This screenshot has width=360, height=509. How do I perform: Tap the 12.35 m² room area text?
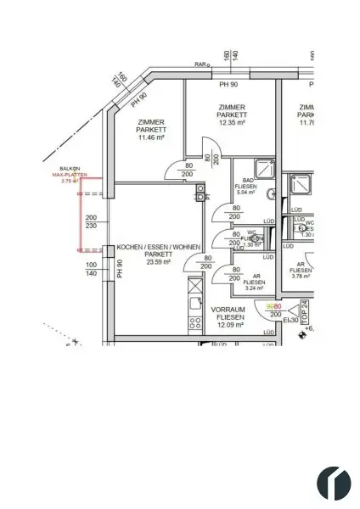(232, 121)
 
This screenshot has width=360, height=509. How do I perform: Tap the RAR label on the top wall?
(201, 64)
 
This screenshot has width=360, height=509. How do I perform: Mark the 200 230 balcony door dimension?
(92, 222)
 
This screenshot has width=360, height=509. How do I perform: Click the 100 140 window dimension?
(92, 270)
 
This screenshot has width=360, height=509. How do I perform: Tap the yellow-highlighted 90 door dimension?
(270, 306)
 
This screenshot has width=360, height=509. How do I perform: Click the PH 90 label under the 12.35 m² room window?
(227, 85)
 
